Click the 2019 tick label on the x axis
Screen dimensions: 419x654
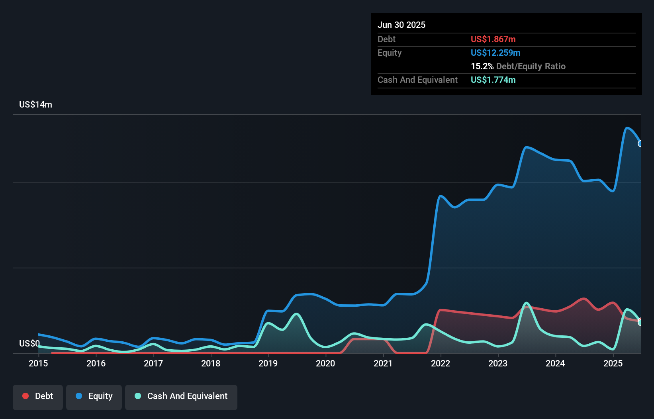pyautogui.click(x=268, y=363)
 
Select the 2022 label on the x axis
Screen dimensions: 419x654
pyautogui.click(x=441, y=363)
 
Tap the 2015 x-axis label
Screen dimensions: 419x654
pyautogui.click(x=38, y=363)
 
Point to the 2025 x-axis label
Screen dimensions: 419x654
pyautogui.click(x=613, y=363)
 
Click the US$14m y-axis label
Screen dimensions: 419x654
pyautogui.click(x=35, y=104)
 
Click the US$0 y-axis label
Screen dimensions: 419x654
pyautogui.click(x=29, y=343)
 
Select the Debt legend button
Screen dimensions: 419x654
pyautogui.click(x=38, y=396)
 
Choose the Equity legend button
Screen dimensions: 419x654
pyautogui.click(x=94, y=396)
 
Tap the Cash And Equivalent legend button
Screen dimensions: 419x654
pyautogui.click(x=181, y=396)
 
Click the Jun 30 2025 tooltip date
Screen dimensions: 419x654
pyautogui.click(x=401, y=25)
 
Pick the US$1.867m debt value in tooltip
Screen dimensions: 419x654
pyautogui.click(x=493, y=39)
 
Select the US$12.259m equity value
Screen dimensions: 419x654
pyautogui.click(x=495, y=53)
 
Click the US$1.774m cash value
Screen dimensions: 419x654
pyautogui.click(x=493, y=80)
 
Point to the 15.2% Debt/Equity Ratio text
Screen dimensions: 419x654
pyautogui.click(x=518, y=66)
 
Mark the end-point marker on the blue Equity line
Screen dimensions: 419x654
pyautogui.click(x=640, y=143)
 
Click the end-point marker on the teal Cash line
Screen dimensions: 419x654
pyautogui.click(x=640, y=322)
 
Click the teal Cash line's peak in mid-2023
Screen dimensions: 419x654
pyautogui.click(x=526, y=303)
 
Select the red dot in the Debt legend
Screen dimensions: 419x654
pyautogui.click(x=25, y=396)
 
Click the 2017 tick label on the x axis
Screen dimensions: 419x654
pyautogui.click(x=153, y=363)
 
